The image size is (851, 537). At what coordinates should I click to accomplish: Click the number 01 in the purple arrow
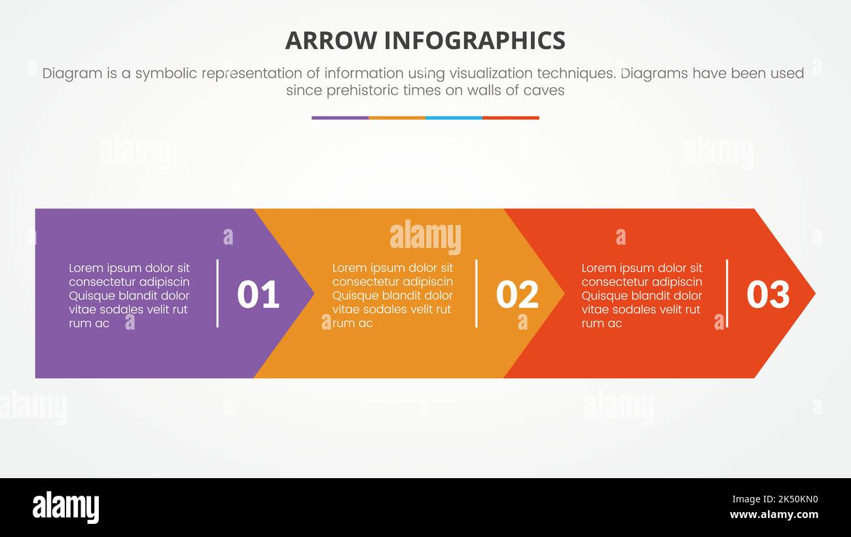[258, 294]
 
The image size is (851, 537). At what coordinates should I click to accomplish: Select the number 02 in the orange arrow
[517, 294]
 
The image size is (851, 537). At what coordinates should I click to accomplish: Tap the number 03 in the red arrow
[768, 294]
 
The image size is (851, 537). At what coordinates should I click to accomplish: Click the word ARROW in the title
[331, 41]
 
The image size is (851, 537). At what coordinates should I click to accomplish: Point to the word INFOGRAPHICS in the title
[475, 41]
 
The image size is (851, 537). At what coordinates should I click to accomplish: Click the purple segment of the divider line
[340, 118]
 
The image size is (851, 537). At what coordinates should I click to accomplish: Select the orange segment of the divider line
[397, 118]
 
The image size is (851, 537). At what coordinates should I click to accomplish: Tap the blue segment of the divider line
[454, 118]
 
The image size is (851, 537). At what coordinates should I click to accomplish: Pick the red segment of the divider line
[511, 118]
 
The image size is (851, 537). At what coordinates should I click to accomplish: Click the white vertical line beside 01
[217, 293]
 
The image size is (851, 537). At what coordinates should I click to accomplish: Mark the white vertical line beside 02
[476, 293]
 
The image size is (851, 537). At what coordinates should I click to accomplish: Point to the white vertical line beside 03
[727, 293]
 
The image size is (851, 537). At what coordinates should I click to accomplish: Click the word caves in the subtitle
[544, 90]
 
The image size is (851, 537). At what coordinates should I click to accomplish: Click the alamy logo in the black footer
[65, 508]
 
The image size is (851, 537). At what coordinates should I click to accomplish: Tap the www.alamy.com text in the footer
[774, 515]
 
